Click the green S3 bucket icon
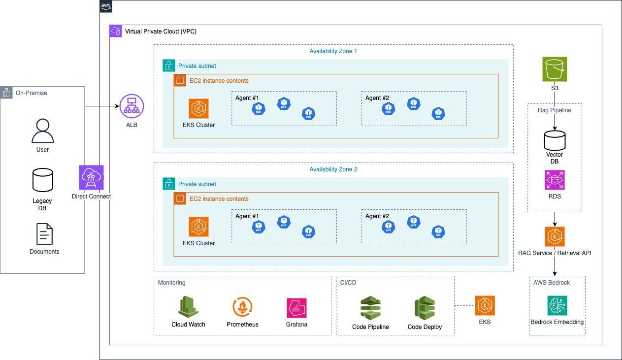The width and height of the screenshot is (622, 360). [x=555, y=69]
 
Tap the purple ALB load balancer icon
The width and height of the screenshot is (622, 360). [x=131, y=106]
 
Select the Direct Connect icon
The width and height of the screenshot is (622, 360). [x=91, y=178]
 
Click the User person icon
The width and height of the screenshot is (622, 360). [x=43, y=131]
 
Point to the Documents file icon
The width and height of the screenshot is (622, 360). [x=44, y=234]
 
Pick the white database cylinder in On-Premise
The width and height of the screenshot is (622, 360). [x=43, y=180]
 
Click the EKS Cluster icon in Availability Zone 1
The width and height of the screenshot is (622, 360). [x=199, y=108]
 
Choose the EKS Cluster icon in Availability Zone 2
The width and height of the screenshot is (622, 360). [x=199, y=227]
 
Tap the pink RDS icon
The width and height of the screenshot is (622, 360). [x=555, y=180]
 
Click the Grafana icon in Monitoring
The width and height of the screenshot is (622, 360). [x=297, y=308]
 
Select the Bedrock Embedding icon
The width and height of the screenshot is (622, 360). [x=557, y=305]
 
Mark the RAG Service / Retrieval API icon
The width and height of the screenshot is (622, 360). [x=555, y=237]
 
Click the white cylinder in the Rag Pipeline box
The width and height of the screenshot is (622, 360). [x=555, y=141]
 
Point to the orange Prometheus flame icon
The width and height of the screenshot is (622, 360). [x=242, y=306]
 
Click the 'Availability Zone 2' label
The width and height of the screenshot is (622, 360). [x=333, y=169]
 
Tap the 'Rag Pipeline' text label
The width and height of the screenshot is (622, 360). [x=555, y=110]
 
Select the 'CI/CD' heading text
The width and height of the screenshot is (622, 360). [x=348, y=283]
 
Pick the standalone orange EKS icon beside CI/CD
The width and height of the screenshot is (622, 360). [x=485, y=305]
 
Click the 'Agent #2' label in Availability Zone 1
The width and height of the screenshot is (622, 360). [x=377, y=98]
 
